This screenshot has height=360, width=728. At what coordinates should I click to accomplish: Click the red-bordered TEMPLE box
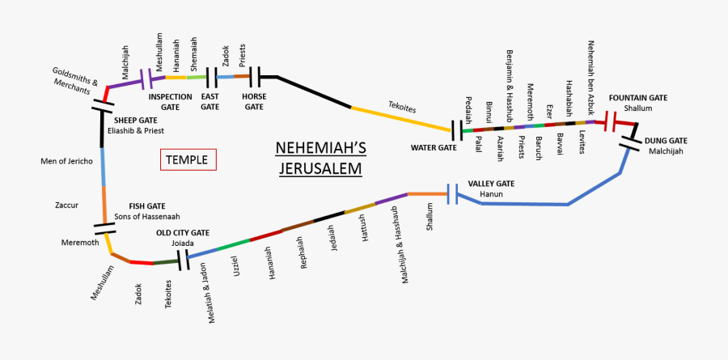[188, 160]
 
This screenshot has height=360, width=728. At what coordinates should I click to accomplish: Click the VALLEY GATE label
[491, 184]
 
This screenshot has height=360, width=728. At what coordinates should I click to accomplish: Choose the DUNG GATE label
[666, 141]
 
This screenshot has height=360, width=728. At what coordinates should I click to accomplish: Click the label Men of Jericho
[66, 161]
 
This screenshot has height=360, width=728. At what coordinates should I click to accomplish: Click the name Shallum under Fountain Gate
[638, 108]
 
